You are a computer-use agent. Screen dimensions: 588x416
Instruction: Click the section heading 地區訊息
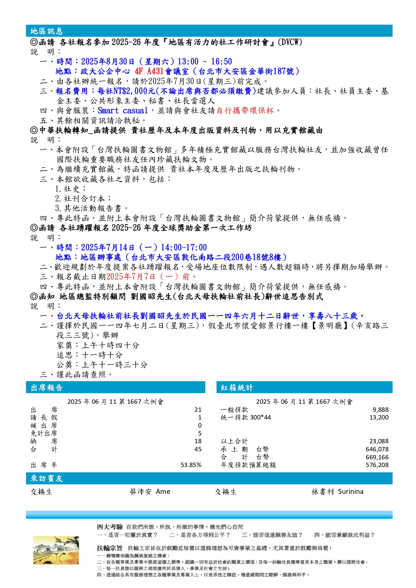point(47,31)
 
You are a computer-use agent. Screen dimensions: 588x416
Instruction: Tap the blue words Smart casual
point(123,111)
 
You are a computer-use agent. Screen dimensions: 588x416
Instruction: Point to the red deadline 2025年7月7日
point(131,277)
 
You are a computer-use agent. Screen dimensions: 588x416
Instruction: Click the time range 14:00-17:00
point(184,248)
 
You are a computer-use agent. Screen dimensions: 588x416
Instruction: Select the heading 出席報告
point(47,388)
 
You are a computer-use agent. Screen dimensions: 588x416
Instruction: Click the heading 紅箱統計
point(237,388)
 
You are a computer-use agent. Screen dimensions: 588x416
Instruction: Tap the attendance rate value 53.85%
point(191,465)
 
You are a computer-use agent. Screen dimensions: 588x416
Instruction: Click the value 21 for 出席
point(198,410)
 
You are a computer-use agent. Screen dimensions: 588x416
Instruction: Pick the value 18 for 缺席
point(198,441)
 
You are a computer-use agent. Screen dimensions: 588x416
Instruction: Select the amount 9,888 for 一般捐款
point(380,410)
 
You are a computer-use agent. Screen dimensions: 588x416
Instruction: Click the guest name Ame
point(163,492)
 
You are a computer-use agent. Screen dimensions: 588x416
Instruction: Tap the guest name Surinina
point(351,492)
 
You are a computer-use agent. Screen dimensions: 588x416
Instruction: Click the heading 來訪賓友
point(47,478)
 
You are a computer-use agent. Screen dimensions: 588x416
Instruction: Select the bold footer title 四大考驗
point(110,527)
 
